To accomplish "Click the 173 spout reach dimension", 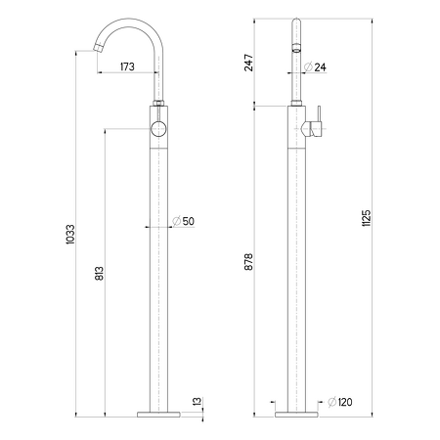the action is click(127, 66).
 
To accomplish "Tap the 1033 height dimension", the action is click(70, 235).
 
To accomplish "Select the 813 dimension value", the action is click(100, 273).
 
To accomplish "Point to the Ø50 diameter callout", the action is click(183, 221).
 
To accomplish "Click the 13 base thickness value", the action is click(198, 402).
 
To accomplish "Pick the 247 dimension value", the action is click(248, 63).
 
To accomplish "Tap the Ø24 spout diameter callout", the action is click(315, 66).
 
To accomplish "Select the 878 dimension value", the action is click(248, 262).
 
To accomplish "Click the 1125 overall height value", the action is click(367, 218).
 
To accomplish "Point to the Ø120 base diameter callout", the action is click(340, 402).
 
